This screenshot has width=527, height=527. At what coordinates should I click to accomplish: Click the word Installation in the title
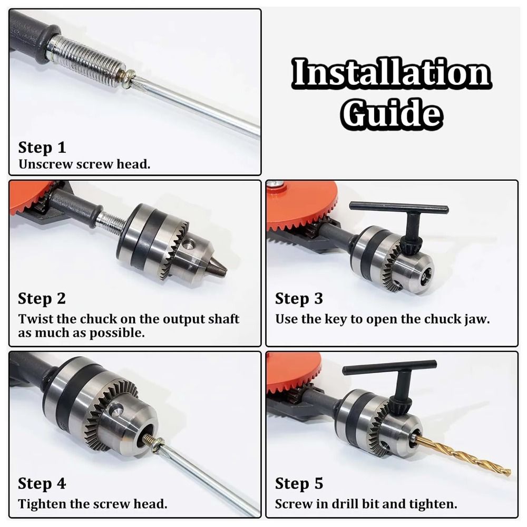pos(391,74)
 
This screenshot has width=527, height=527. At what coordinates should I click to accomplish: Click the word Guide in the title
pos(391,113)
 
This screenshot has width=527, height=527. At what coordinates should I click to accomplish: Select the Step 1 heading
pos(42,147)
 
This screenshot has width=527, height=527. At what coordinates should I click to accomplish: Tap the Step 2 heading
pos(42,298)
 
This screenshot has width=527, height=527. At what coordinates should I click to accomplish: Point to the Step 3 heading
pos(299,299)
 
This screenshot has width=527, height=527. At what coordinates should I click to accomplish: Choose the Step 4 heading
pos(42,483)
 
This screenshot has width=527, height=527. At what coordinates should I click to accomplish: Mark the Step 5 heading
pos(299,483)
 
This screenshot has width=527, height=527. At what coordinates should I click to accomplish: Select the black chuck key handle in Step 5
pos(390,368)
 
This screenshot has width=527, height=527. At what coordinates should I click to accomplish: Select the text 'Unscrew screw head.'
pos(84,164)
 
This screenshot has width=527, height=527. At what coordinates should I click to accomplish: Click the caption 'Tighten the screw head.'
pos(92,504)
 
